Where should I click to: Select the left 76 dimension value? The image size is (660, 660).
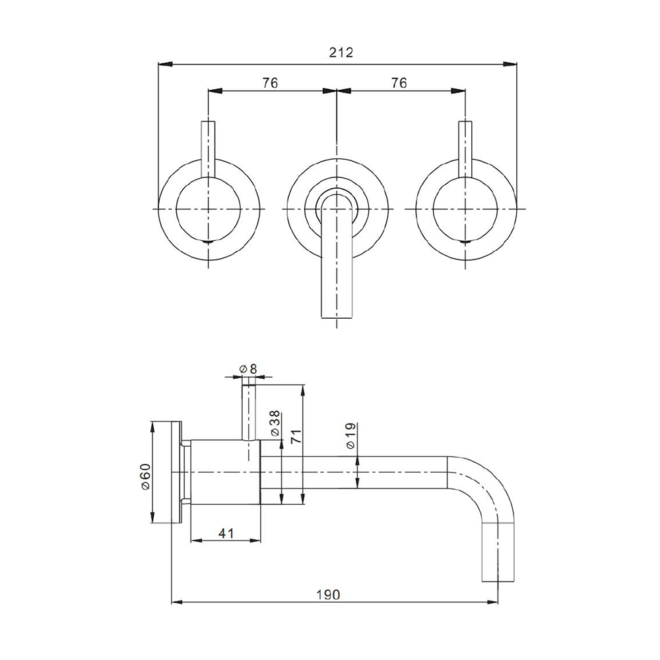pyautogui.click(x=270, y=82)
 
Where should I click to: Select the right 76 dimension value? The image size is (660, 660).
pyautogui.click(x=398, y=82)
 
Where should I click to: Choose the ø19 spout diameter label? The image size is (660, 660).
pyautogui.click(x=350, y=436)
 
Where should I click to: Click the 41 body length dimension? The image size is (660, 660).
pyautogui.click(x=226, y=533)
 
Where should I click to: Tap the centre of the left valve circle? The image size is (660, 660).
pyautogui.click(x=208, y=209)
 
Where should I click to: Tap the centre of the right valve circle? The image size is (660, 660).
pyautogui.click(x=465, y=209)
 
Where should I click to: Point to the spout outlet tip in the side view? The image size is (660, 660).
pyautogui.click(x=498, y=578)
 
